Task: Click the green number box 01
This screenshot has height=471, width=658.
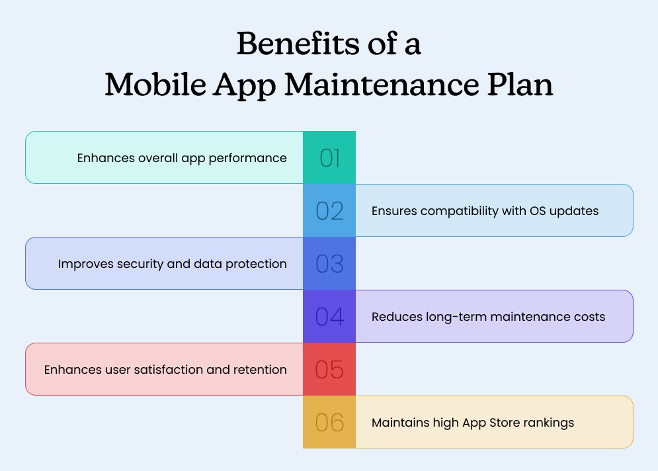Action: tap(329, 157)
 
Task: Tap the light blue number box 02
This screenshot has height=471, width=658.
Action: tap(329, 210)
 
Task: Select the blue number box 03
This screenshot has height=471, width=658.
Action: tap(329, 263)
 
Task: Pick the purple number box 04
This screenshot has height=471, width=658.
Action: tap(329, 316)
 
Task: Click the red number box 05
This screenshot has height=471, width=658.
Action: tap(329, 369)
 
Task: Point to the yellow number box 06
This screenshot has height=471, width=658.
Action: tap(329, 422)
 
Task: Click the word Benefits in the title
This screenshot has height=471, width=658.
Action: tap(289, 45)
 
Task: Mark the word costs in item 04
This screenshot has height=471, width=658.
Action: tap(589, 317)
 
